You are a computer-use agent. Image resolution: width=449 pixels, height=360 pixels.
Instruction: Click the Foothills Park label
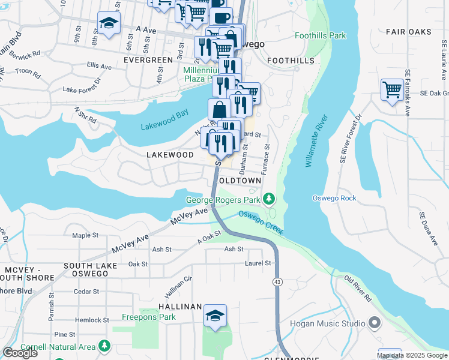320,36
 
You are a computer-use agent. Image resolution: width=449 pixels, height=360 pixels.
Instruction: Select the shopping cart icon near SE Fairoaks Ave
392,91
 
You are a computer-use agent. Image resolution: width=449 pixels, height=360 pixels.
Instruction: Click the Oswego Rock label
334,198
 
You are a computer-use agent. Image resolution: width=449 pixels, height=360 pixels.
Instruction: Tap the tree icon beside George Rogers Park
270,198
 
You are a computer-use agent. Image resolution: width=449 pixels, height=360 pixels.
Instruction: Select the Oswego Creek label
261,222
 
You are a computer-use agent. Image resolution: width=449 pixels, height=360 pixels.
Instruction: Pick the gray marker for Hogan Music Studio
375,323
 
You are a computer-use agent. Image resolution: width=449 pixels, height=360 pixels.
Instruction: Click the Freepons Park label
149,317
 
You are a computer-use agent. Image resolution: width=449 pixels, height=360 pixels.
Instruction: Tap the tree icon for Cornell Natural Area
104,346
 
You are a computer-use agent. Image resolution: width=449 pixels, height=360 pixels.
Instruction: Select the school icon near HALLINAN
215,316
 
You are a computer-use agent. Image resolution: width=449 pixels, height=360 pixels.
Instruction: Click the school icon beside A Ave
109,23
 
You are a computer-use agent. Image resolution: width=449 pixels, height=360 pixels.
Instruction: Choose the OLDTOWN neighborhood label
240,181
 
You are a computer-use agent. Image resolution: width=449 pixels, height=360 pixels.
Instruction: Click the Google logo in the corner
19,353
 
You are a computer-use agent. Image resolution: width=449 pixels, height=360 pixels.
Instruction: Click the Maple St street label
85,236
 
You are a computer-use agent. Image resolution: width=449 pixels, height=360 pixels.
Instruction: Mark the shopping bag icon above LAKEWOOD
220,109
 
